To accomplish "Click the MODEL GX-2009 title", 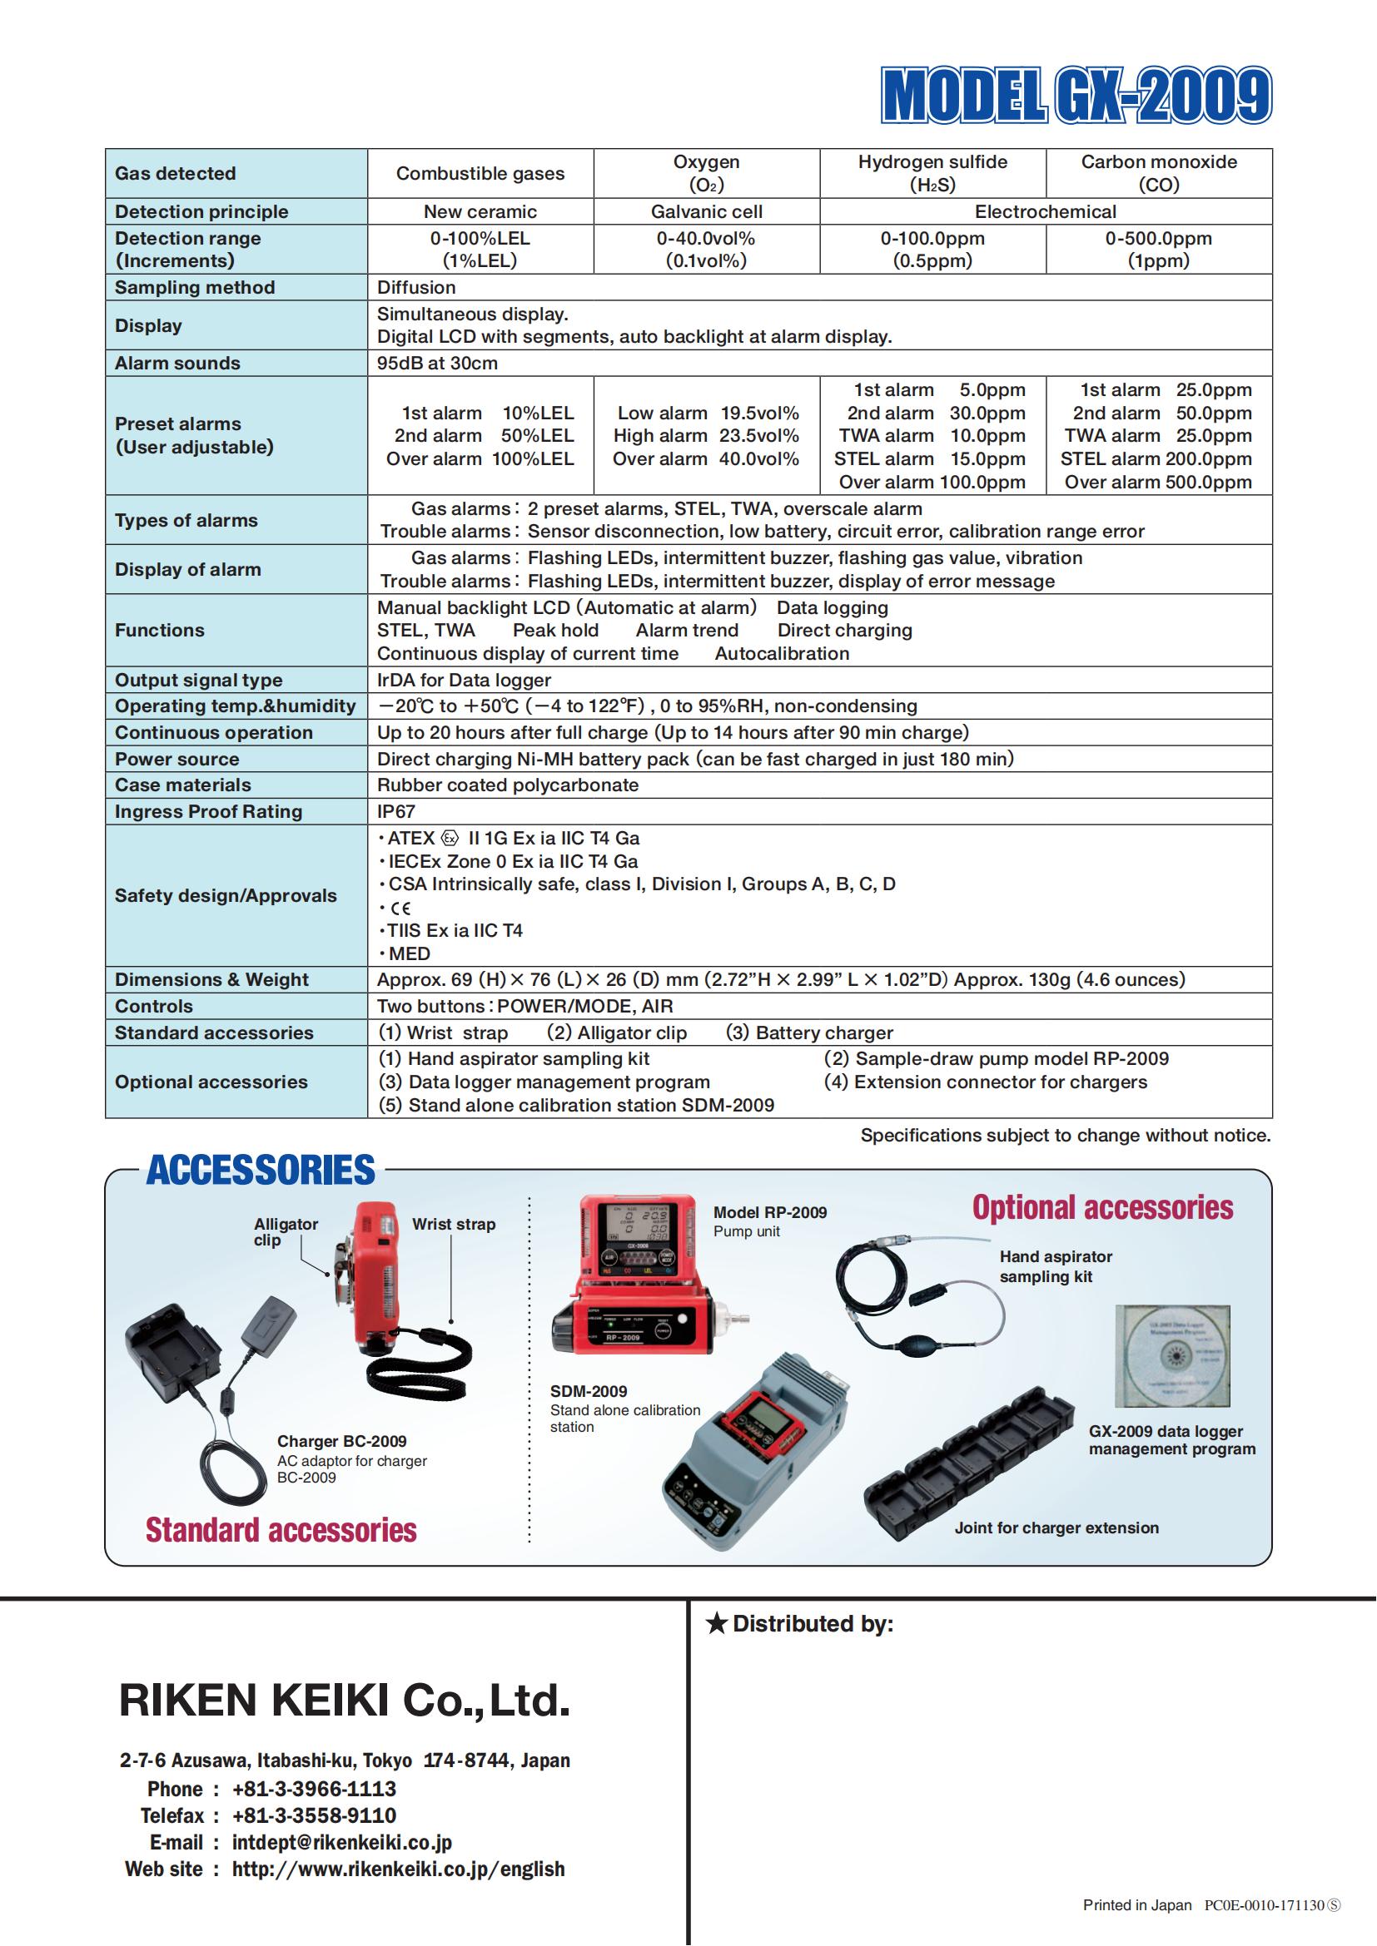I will point(1076,96).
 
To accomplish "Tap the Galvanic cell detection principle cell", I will point(706,212).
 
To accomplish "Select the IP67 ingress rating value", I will point(396,811).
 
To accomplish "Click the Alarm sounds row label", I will point(178,363).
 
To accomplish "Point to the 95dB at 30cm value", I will point(438,363).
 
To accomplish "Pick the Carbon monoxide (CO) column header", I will point(1158,173).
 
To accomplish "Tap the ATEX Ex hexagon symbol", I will point(450,839).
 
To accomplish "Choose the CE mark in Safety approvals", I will point(400,908).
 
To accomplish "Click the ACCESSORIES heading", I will point(261,1171).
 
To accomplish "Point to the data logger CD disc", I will point(1172,1357).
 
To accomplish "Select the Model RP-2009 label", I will point(769,1213).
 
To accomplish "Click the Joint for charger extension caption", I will point(1056,1528).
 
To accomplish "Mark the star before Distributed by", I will point(717,1624).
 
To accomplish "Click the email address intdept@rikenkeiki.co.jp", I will point(341,1843).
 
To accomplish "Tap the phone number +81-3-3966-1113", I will point(314,1790).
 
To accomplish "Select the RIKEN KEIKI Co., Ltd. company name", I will point(345,1701).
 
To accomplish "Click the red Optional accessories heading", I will point(1102,1208).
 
